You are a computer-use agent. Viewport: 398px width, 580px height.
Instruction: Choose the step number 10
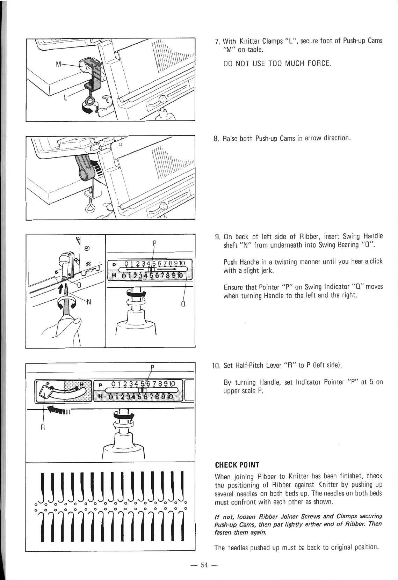click(x=216, y=366)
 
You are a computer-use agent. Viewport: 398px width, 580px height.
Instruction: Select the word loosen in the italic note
click(x=242, y=516)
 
